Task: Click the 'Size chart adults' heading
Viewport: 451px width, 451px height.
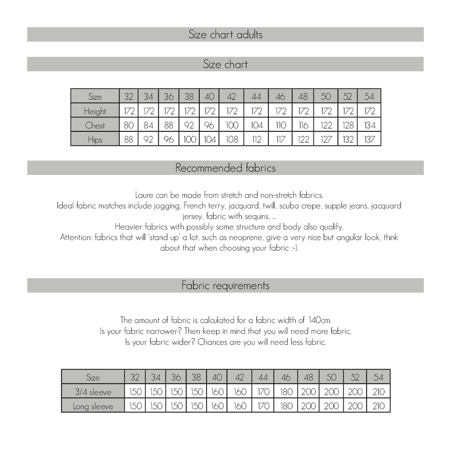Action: (x=225, y=34)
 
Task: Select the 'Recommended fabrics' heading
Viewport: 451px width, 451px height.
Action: (x=225, y=168)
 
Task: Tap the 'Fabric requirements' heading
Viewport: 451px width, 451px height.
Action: (x=225, y=285)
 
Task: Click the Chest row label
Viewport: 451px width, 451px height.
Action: (x=95, y=125)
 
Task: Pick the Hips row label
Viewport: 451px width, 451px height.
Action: (x=95, y=140)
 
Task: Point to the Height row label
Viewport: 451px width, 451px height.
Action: (x=95, y=111)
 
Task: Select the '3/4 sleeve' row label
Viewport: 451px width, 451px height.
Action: (x=92, y=391)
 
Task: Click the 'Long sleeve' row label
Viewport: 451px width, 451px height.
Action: (x=92, y=406)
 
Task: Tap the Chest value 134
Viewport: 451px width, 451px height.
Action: (x=369, y=125)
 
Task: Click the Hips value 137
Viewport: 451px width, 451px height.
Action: (x=369, y=140)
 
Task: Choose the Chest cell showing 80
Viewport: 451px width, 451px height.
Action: (x=129, y=125)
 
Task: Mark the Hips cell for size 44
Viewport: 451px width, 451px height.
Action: (x=256, y=140)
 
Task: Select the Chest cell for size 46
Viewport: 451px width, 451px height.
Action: (x=280, y=125)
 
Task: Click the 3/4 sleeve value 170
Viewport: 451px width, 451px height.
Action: (x=263, y=391)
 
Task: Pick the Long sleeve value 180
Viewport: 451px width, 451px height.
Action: (x=286, y=406)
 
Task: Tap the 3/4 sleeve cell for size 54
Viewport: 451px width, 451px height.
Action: (x=379, y=391)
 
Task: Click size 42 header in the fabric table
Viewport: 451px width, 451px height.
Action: (x=239, y=377)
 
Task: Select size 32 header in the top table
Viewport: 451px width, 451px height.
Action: (x=129, y=97)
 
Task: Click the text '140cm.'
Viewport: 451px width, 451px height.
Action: (x=320, y=320)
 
